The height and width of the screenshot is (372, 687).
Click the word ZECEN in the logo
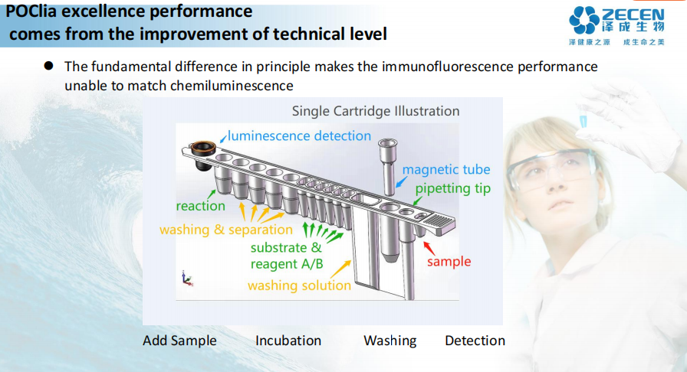pyautogui.click(x=636, y=14)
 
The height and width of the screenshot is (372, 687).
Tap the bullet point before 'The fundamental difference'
pyautogui.click(x=48, y=67)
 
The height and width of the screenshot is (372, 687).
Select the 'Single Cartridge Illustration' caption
pyautogui.click(x=376, y=111)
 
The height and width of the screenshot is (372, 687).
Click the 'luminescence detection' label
pyautogui.click(x=299, y=136)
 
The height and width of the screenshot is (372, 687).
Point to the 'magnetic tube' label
pyautogui.click(x=446, y=170)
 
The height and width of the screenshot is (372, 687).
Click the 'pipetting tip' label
pyautogui.click(x=453, y=188)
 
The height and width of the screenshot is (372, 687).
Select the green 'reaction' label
pyautogui.click(x=201, y=206)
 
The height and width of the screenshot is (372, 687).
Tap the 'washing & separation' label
pyautogui.click(x=226, y=230)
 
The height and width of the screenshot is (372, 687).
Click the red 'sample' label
pyautogui.click(x=449, y=262)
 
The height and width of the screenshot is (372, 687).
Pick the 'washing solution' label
pyautogui.click(x=299, y=286)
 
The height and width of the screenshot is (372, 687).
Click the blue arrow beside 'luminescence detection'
pyautogui.click(x=222, y=137)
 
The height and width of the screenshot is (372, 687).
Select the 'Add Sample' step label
pyautogui.click(x=179, y=341)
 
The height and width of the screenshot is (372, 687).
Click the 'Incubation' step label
pyautogui.click(x=288, y=341)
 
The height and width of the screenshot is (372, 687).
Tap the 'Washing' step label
pyautogui.click(x=390, y=341)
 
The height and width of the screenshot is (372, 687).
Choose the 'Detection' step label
pyautogui.click(x=475, y=341)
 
